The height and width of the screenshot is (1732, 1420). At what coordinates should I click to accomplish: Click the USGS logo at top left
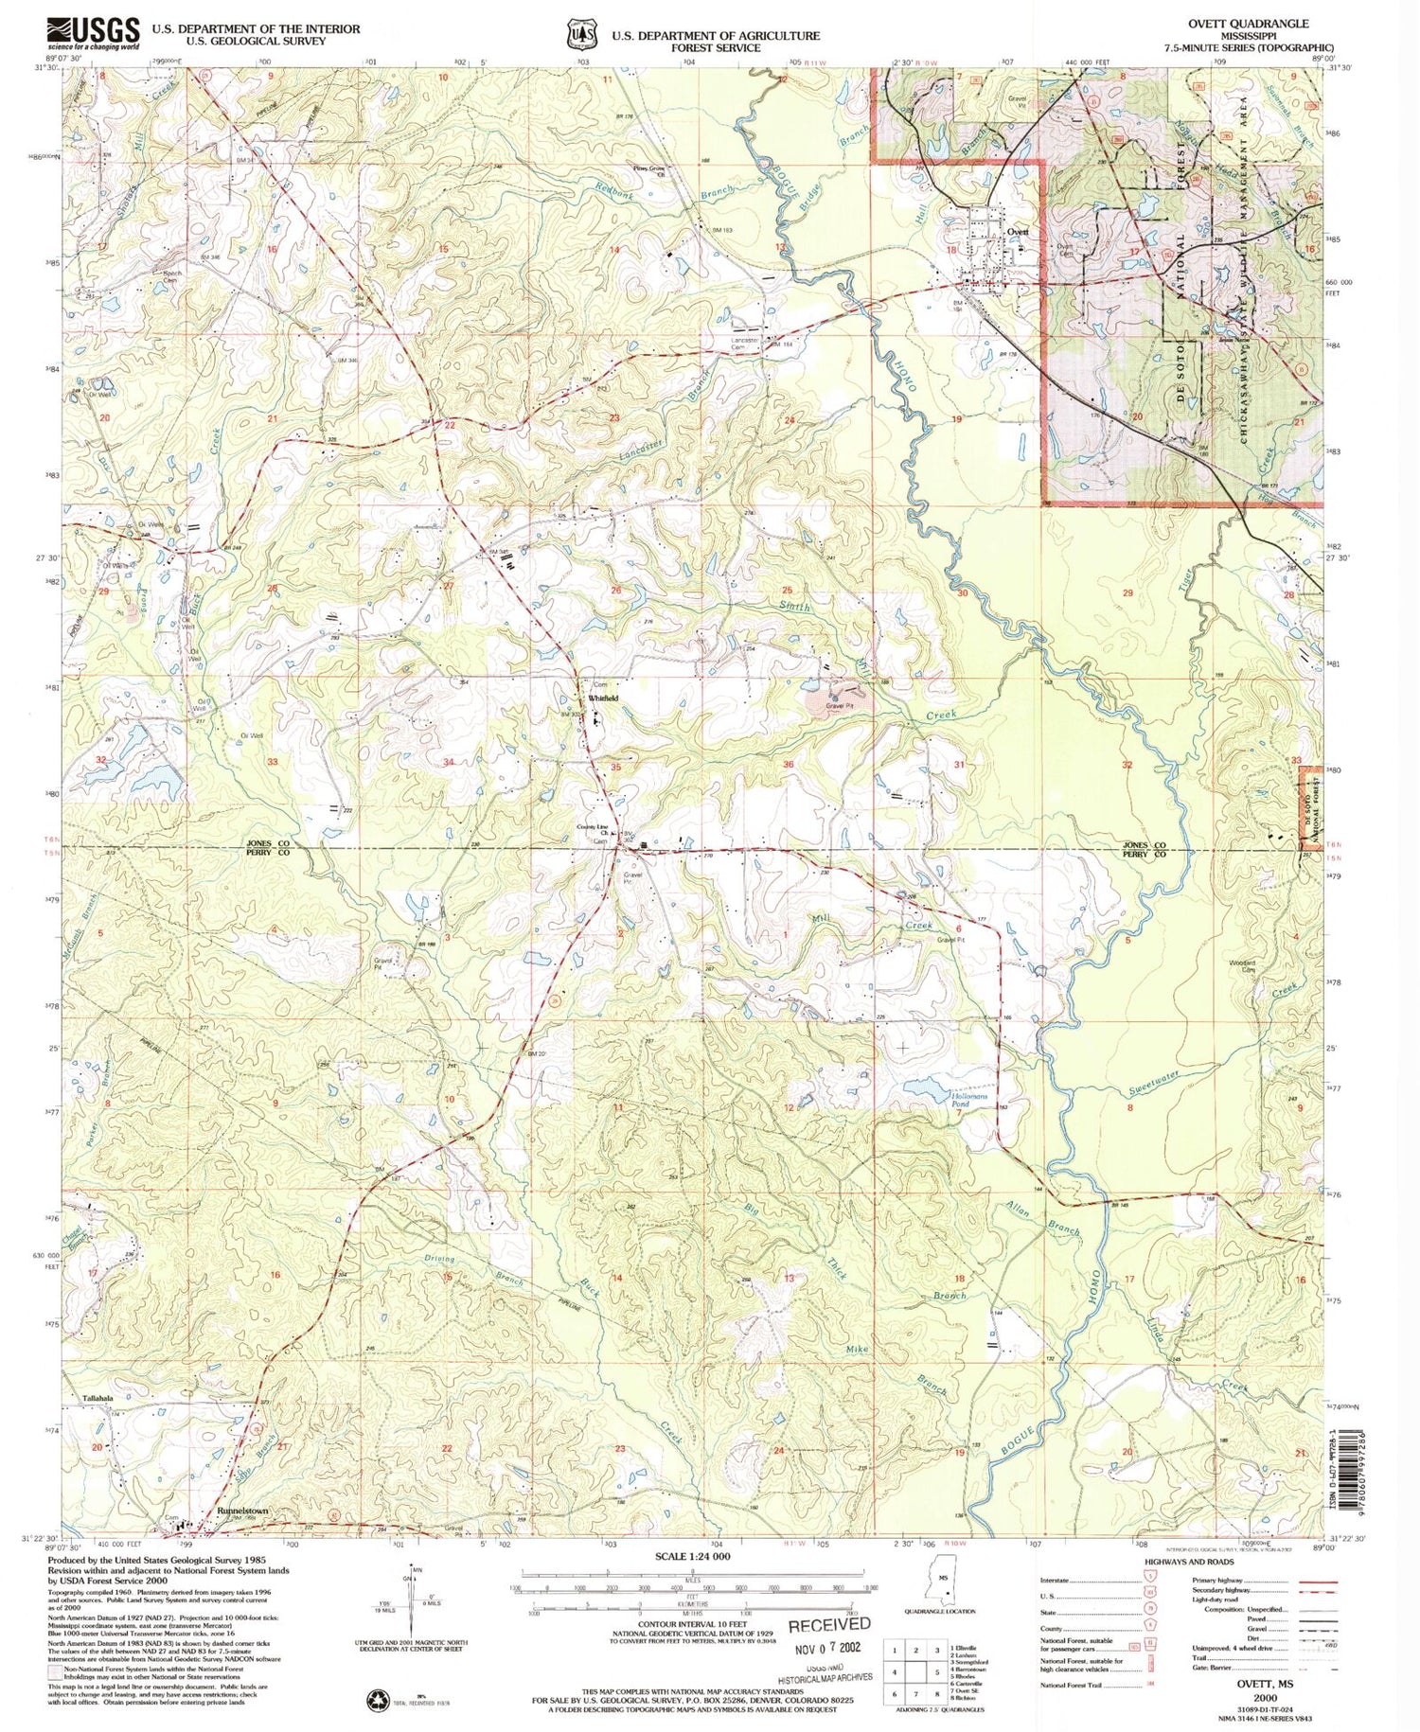click(x=93, y=34)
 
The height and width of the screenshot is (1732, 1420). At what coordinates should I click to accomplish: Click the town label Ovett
click(x=1017, y=231)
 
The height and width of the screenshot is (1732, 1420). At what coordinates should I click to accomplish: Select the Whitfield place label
click(x=603, y=698)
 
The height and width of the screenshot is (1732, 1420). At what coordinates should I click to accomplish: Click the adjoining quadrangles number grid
click(x=914, y=1672)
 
